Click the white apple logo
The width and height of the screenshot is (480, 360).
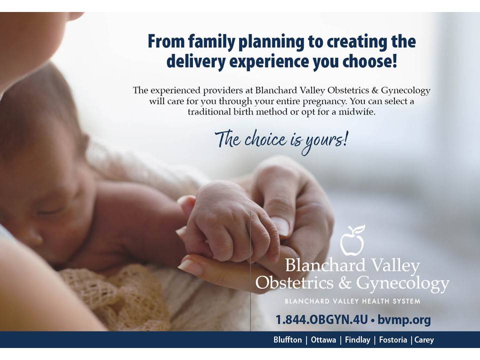click(352, 240)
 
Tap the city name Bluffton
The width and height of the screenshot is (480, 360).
click(287, 340)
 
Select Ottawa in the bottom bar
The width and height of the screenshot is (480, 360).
click(323, 340)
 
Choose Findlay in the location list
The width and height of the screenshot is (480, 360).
click(357, 340)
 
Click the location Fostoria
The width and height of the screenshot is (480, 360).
click(393, 340)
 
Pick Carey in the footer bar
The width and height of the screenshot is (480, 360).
click(424, 340)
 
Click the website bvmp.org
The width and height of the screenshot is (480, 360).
click(404, 320)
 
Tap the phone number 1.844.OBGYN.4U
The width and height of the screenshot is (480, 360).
click(321, 319)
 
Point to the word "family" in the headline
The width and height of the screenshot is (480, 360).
click(211, 42)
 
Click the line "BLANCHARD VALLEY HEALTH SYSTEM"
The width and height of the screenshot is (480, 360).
click(352, 301)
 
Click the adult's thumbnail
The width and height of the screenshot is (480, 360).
click(280, 226)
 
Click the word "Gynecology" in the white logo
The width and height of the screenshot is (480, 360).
click(402, 283)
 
